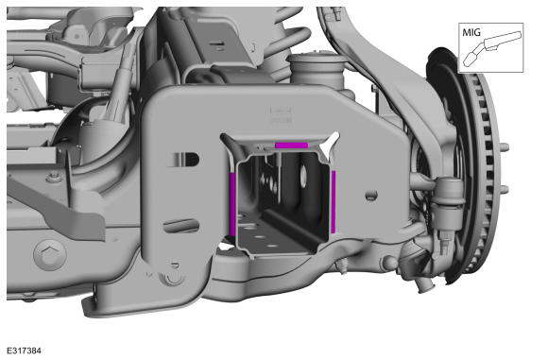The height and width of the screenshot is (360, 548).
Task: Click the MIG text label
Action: [x=471, y=32]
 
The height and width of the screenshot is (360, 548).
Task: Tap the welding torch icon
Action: [x=492, y=48]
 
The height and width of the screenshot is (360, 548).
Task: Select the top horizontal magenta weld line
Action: [x=291, y=146]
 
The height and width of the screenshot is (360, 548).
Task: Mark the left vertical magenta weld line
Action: [x=232, y=204]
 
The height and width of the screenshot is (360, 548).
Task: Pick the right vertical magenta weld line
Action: [x=334, y=201]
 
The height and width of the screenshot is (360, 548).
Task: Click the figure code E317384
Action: [x=24, y=351]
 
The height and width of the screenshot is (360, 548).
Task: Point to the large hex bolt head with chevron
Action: [x=50, y=255]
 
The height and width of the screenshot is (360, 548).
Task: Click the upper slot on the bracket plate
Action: [x=184, y=160]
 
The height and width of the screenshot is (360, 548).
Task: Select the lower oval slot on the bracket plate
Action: [x=181, y=226]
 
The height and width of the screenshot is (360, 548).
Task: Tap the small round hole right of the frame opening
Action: [x=371, y=196]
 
